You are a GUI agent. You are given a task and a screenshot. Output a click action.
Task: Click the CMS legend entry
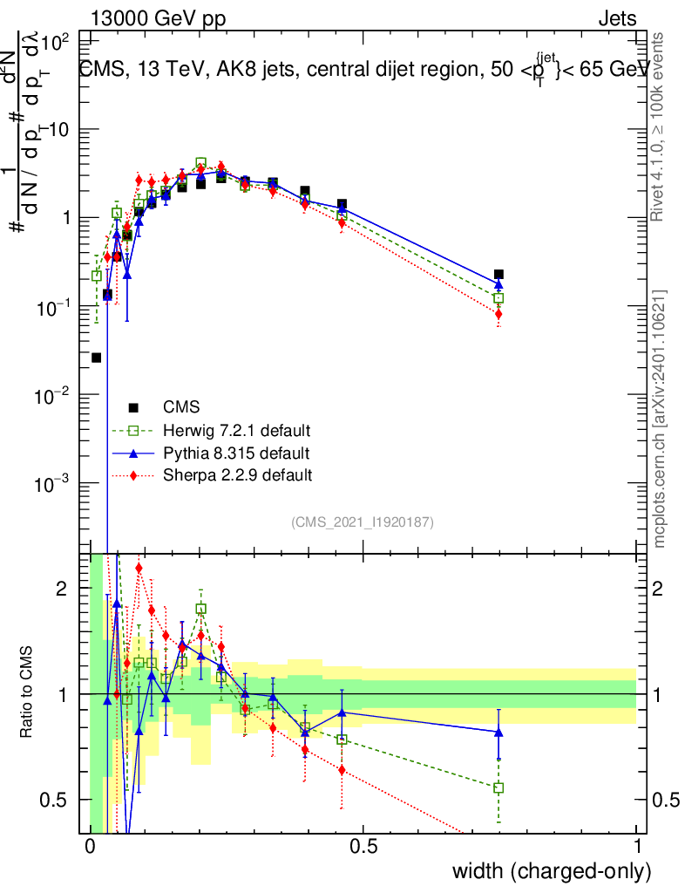(x=180, y=406)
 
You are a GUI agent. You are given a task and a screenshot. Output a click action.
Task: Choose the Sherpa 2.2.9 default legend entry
(x=231, y=475)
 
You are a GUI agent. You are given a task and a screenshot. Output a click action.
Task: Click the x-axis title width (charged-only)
(x=552, y=870)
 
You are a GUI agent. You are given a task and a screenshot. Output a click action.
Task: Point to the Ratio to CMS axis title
(x=28, y=691)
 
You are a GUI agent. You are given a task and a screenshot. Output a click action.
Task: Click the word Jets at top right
(x=617, y=19)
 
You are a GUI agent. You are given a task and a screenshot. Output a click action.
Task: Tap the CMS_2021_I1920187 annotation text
(x=363, y=521)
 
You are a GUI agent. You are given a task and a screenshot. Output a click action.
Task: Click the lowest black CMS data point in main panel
(x=96, y=358)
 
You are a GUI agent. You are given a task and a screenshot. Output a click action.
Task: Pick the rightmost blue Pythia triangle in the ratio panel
(x=498, y=732)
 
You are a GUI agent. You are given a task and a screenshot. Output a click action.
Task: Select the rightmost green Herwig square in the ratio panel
(x=498, y=787)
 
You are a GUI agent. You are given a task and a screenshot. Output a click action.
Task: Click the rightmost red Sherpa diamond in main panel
(x=498, y=314)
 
